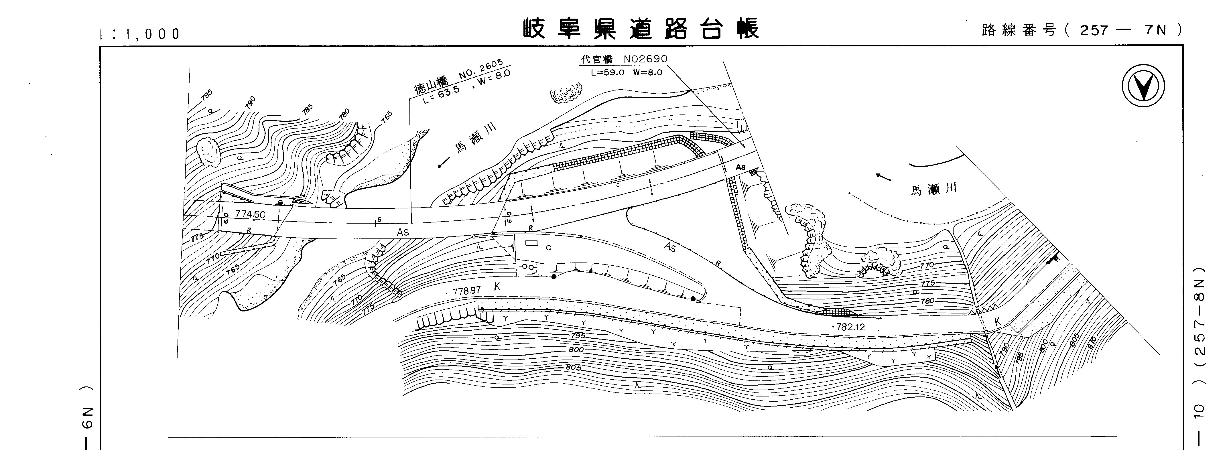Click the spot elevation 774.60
(250, 214)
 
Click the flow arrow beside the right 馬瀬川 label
(883, 177)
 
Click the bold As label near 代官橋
(740, 167)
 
